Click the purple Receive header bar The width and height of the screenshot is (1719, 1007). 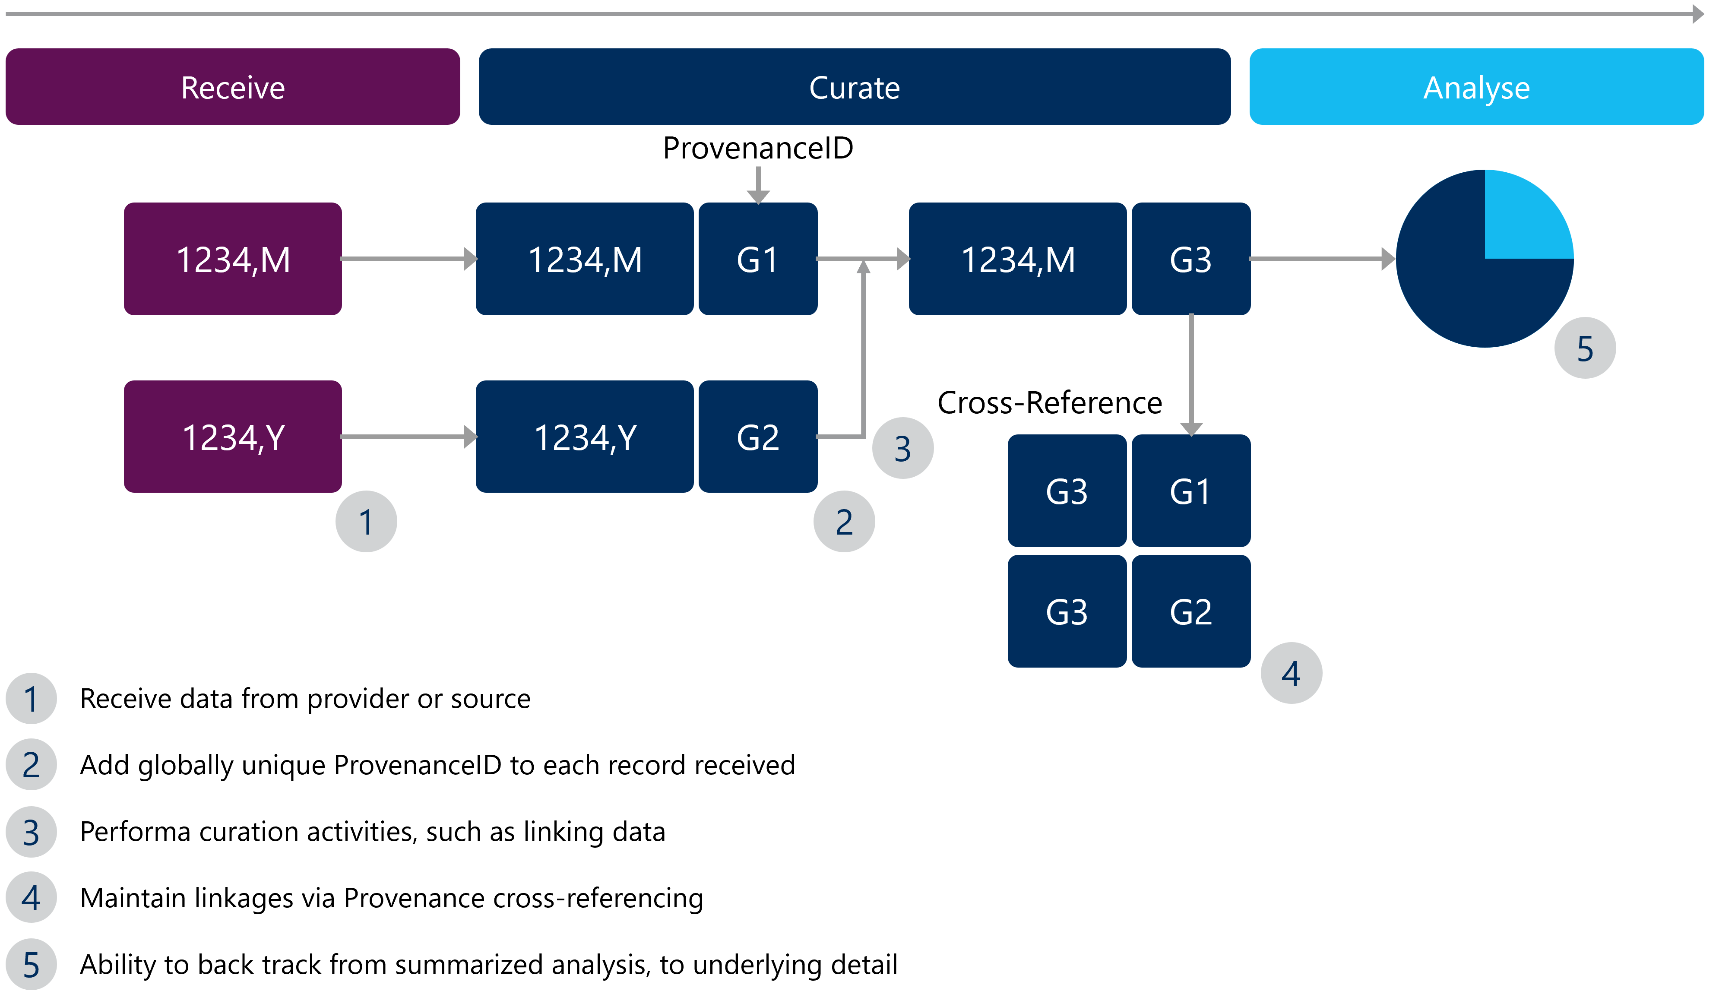click(x=233, y=87)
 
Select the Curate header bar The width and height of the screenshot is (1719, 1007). click(x=854, y=87)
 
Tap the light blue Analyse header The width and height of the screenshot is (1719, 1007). click(x=1476, y=87)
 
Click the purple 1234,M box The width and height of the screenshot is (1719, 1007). click(x=233, y=259)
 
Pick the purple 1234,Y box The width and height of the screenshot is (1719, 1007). click(x=233, y=437)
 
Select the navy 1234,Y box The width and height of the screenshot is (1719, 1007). click(x=585, y=437)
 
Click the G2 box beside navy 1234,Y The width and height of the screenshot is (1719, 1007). click(x=758, y=437)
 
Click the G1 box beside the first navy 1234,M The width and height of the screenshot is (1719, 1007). click(x=758, y=259)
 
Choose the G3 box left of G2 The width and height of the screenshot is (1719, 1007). click(x=1067, y=611)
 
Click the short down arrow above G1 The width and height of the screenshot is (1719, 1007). click(x=758, y=184)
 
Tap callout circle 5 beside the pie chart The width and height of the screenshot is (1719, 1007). click(x=1585, y=348)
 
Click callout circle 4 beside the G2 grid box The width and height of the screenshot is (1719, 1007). click(x=1291, y=673)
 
